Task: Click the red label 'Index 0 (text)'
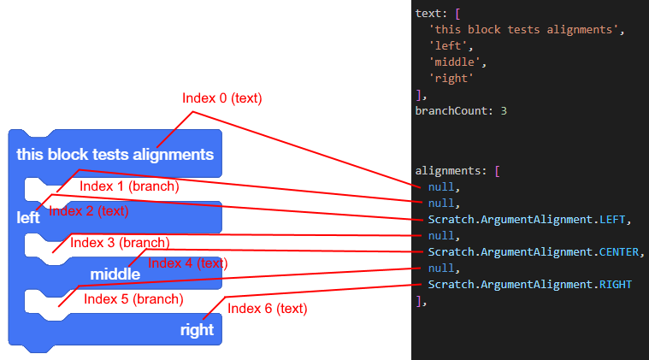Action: (x=221, y=98)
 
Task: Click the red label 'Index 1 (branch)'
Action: (x=129, y=186)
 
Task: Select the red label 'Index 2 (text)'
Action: (x=89, y=210)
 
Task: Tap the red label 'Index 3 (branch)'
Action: (x=120, y=243)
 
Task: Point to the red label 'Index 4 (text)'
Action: (x=188, y=263)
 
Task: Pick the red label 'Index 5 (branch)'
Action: (x=133, y=298)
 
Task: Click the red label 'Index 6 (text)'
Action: (x=268, y=308)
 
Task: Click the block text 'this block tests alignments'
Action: (x=115, y=155)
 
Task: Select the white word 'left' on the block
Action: (x=28, y=217)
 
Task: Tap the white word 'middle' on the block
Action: (x=115, y=274)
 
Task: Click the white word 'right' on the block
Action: (x=197, y=329)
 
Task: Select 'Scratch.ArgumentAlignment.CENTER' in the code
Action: (x=535, y=251)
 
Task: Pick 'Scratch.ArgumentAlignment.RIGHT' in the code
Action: (x=530, y=284)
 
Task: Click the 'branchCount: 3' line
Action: (x=461, y=110)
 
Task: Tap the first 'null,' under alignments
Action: (x=444, y=187)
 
